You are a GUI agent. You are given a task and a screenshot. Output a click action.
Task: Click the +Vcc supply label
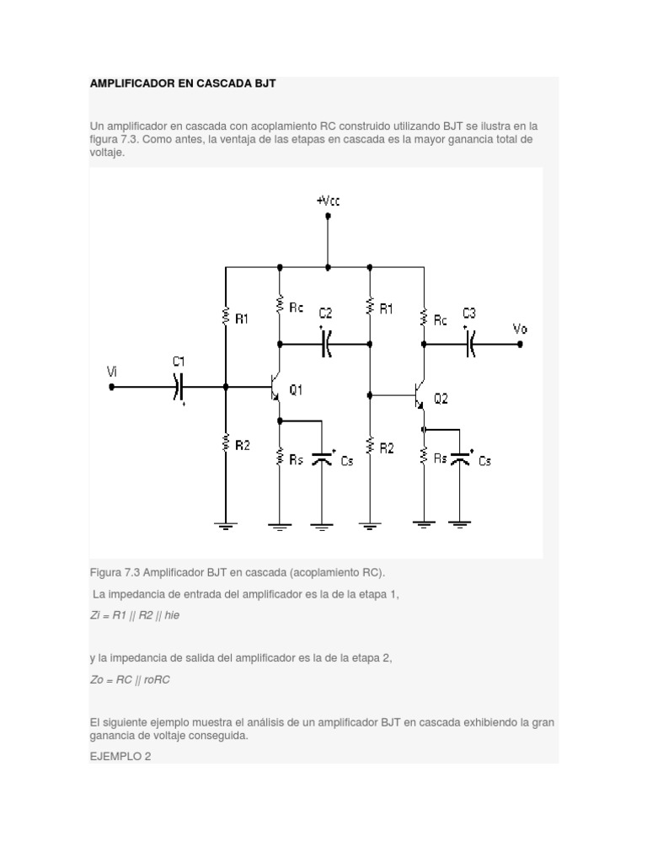pos(328,201)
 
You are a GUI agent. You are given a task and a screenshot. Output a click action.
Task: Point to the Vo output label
pos(520,329)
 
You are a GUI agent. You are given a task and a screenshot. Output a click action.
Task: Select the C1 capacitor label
pos(178,362)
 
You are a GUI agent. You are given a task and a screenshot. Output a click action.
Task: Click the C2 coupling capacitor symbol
pos(327,343)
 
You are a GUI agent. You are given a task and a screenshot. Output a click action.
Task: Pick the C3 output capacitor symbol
pos(471,343)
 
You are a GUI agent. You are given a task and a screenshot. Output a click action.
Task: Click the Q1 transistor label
pos(296,389)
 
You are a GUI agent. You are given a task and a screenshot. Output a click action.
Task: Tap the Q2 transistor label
pos(441,399)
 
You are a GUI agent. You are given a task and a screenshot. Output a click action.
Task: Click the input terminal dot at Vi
pos(111,387)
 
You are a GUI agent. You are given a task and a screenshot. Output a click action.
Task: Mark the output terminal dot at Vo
pos(520,343)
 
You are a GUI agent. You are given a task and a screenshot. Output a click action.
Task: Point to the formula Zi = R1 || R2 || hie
pos(135,615)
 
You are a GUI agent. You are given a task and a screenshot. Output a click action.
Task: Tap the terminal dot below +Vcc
pos(328,217)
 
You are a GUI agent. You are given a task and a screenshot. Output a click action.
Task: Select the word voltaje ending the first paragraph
pos(106,153)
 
